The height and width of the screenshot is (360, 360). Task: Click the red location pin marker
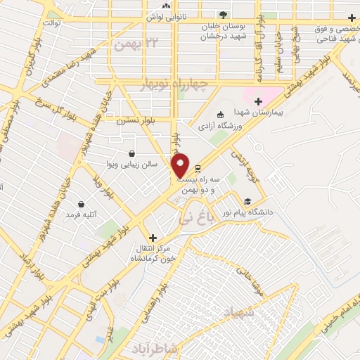pyautogui.click(x=181, y=165)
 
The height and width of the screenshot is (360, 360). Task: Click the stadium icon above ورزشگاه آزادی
pyautogui.click(x=221, y=115)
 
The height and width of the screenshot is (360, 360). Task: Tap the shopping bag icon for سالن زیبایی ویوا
pyautogui.click(x=131, y=153)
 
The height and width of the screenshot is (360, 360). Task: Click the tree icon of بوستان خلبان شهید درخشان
pyautogui.click(x=223, y=14)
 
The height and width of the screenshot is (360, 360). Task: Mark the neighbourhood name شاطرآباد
pyautogui.click(x=152, y=348)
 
